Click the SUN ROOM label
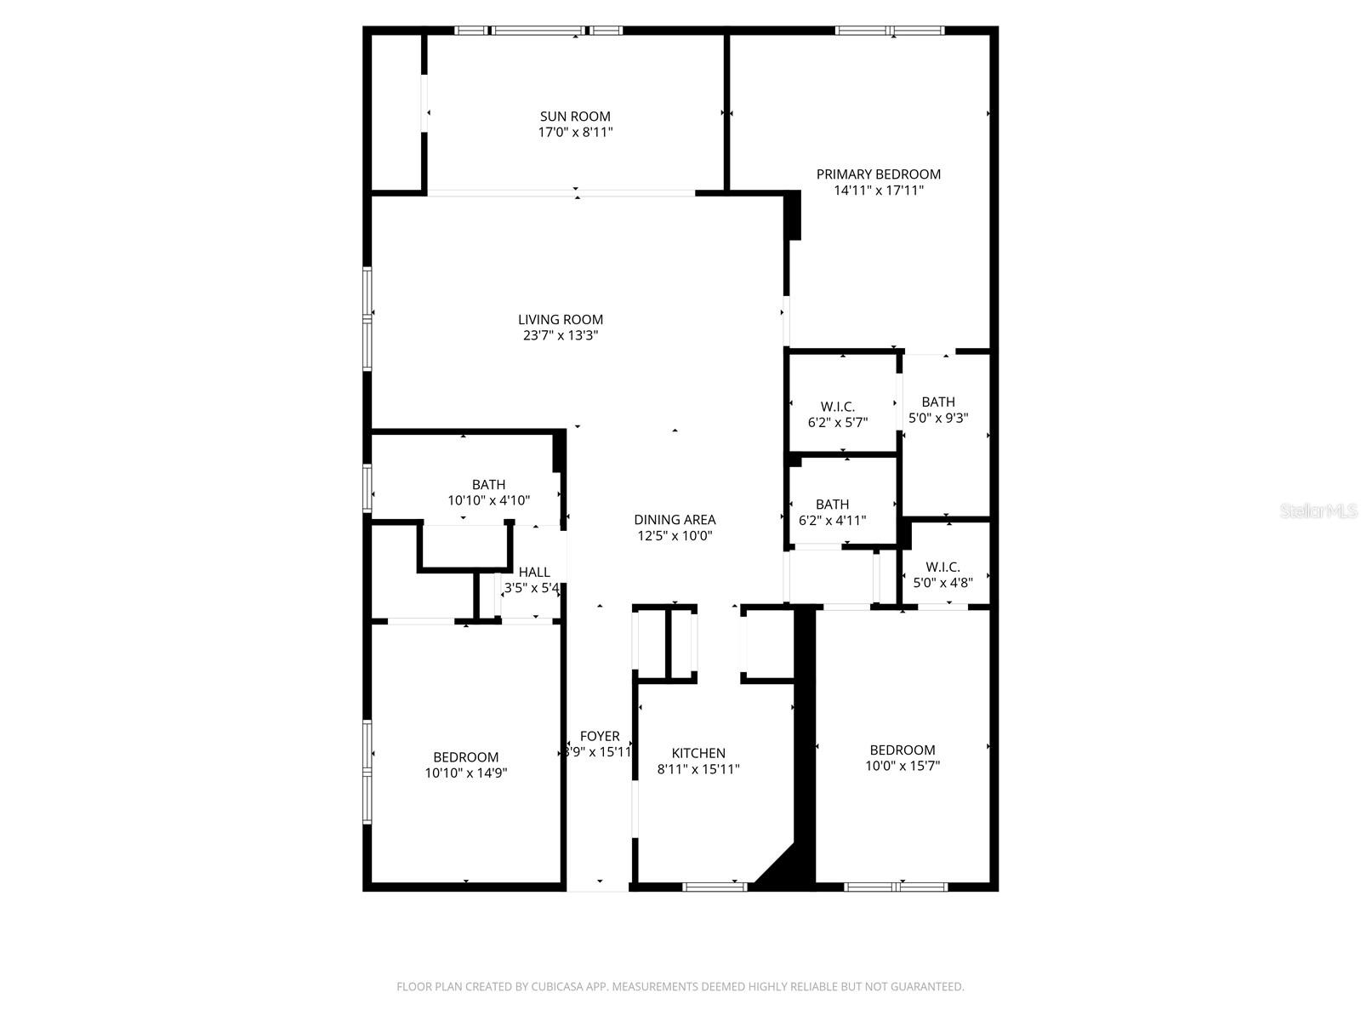point(575,117)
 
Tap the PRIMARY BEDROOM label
point(878,174)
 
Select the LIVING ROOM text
point(561,320)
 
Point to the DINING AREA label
point(675,520)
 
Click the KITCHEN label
point(698,753)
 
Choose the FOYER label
point(600,737)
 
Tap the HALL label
point(534,573)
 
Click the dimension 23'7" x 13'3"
point(561,336)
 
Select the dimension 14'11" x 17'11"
point(879,191)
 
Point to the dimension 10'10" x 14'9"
point(466,773)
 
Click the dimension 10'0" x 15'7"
point(903,766)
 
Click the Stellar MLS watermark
point(1318,511)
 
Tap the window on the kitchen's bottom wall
point(715,887)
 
